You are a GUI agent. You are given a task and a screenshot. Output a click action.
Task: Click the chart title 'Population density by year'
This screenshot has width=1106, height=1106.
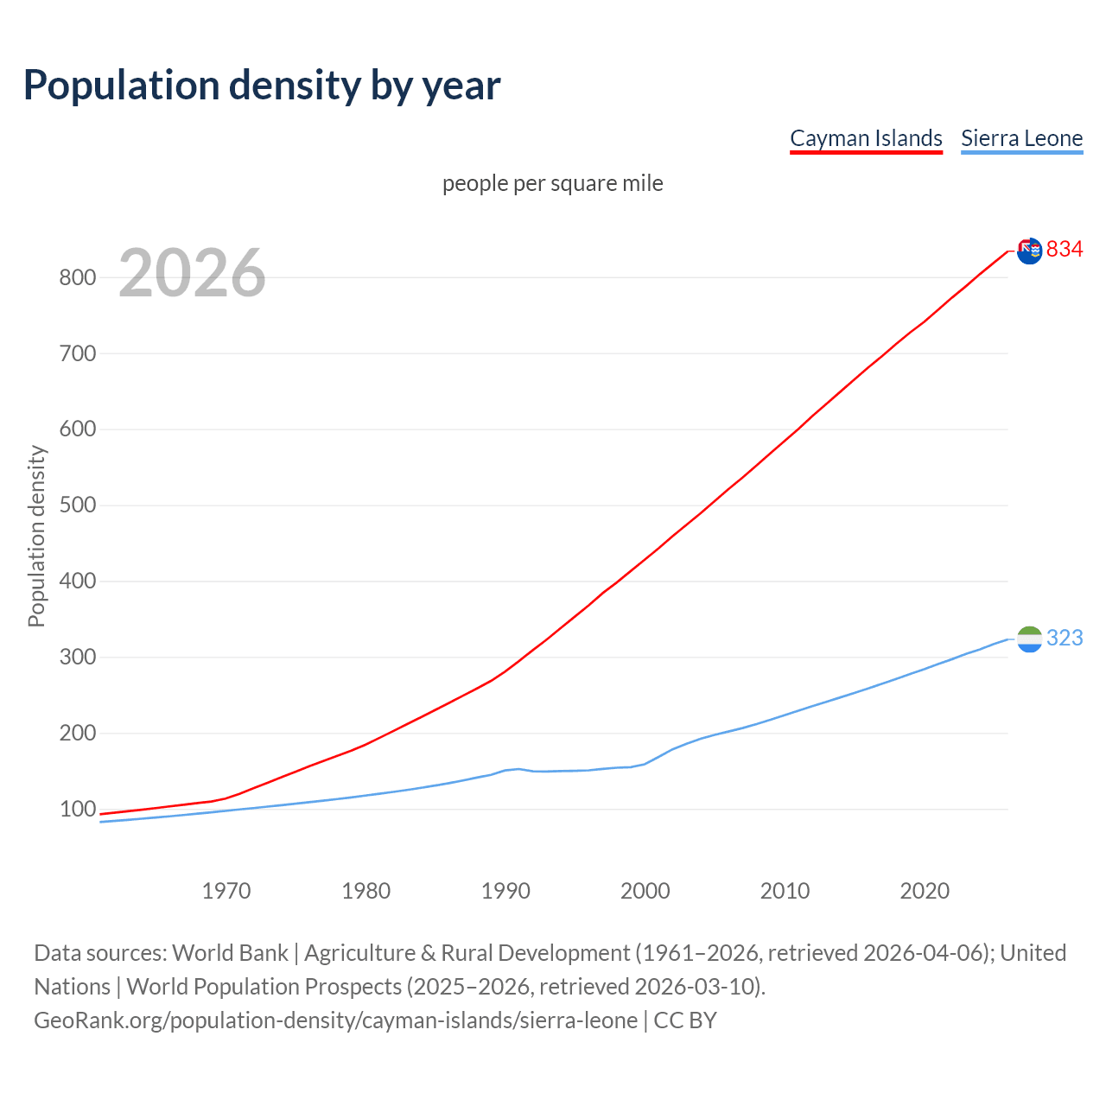pyautogui.click(x=262, y=85)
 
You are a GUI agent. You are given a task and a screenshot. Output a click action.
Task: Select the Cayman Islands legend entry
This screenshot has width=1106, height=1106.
pyautogui.click(x=866, y=138)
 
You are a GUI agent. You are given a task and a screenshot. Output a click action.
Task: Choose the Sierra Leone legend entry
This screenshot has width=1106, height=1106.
pyautogui.click(x=1021, y=138)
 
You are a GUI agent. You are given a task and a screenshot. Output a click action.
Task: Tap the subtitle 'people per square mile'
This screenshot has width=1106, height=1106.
pyautogui.click(x=553, y=184)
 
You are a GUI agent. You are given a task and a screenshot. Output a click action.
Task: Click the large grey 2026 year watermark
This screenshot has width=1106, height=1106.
pyautogui.click(x=192, y=273)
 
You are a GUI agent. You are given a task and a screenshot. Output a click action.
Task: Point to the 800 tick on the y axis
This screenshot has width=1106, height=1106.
pyautogui.click(x=77, y=277)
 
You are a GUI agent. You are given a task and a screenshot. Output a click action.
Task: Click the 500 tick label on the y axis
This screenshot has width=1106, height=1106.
pyautogui.click(x=77, y=505)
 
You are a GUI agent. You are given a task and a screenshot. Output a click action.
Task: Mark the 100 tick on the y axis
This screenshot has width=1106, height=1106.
pyautogui.click(x=77, y=810)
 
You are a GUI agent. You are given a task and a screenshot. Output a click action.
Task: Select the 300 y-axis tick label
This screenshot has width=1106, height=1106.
pyautogui.click(x=77, y=658)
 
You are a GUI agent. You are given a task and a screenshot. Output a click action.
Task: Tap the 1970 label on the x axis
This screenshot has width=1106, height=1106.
pyautogui.click(x=226, y=891)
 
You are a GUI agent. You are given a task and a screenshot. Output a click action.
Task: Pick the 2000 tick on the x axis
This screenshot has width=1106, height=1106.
pyautogui.click(x=645, y=891)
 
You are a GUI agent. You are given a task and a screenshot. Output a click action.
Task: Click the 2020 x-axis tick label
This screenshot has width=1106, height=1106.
pyautogui.click(x=925, y=891)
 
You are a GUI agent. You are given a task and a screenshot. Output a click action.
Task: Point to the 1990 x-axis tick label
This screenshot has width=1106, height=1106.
pyautogui.click(x=505, y=891)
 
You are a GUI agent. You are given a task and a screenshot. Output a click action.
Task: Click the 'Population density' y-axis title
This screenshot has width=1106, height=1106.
pyautogui.click(x=36, y=536)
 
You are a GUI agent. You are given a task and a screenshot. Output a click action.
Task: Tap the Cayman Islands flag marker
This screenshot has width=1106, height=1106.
pyautogui.click(x=1029, y=251)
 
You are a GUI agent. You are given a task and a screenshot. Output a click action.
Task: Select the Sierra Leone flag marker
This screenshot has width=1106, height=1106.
pyautogui.click(x=1029, y=639)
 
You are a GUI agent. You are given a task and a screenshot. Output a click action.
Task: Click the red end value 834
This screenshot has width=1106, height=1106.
pyautogui.click(x=1065, y=250)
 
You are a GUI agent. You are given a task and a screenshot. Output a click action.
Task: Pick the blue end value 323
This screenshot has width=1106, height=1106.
pyautogui.click(x=1065, y=639)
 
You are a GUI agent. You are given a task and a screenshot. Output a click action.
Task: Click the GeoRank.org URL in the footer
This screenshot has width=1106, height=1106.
pyautogui.click(x=335, y=1020)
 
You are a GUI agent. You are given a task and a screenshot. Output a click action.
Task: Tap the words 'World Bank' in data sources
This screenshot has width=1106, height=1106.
pyautogui.click(x=230, y=953)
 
